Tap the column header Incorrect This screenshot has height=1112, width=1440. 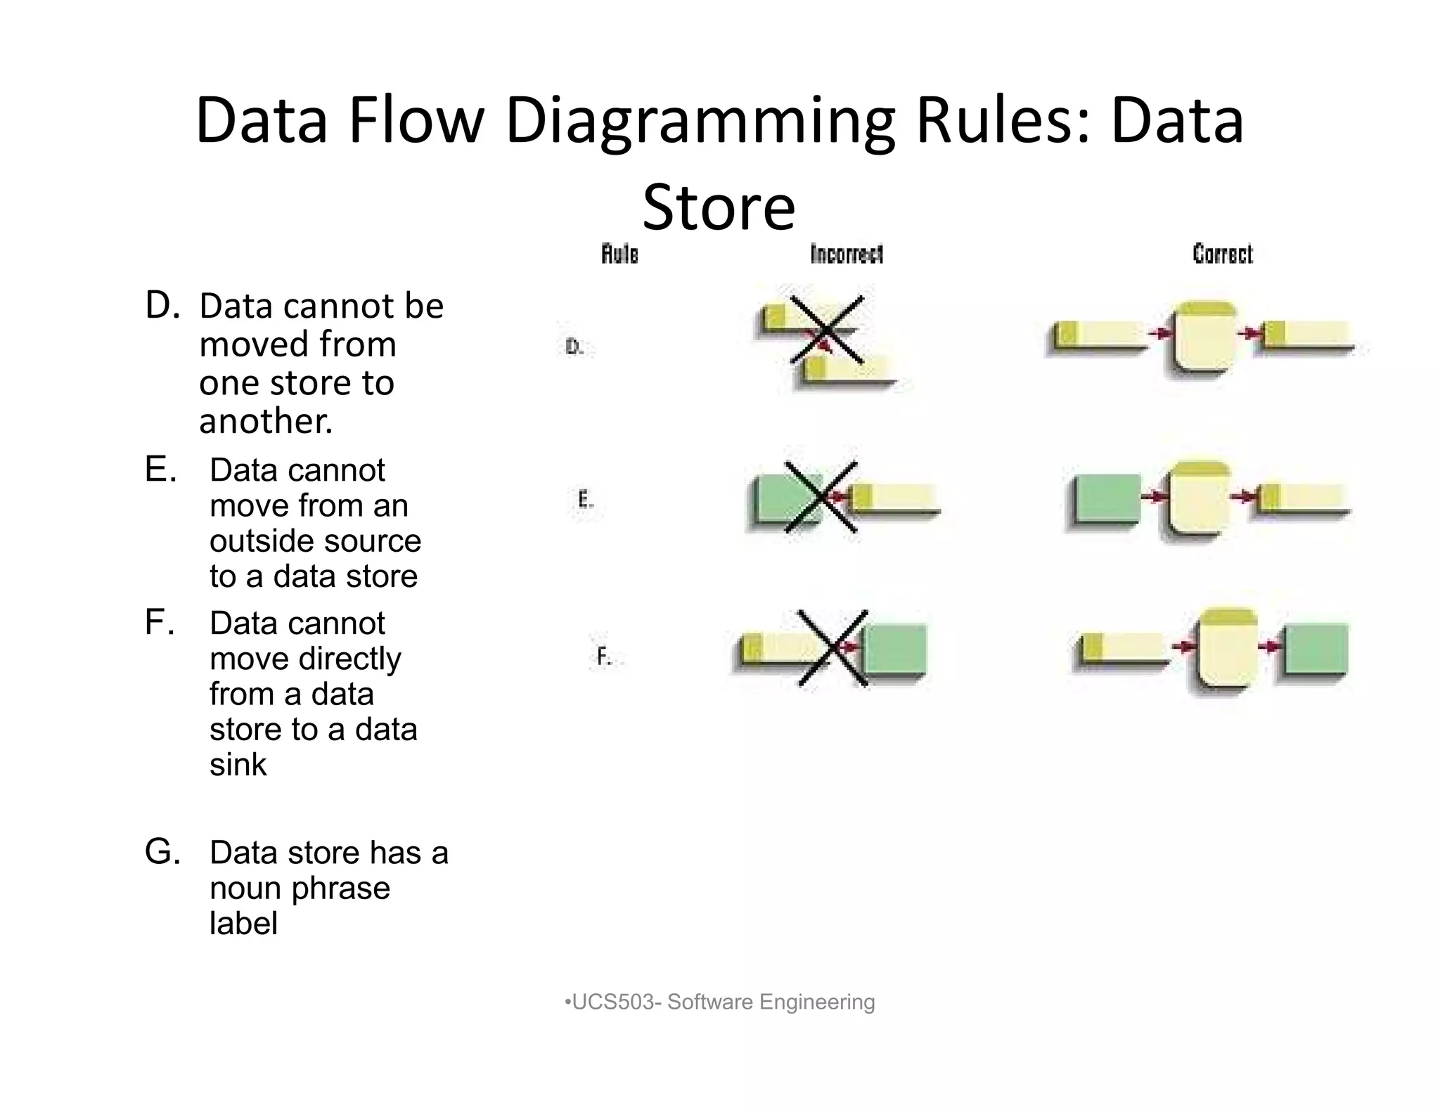click(x=847, y=254)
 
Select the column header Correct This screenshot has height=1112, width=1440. click(x=1222, y=254)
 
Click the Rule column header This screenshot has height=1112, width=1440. click(x=619, y=254)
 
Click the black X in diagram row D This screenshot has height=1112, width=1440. click(x=826, y=330)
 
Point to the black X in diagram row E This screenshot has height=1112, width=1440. click(x=821, y=497)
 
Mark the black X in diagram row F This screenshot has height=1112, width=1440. click(x=833, y=648)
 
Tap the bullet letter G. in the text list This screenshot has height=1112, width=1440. click(x=162, y=852)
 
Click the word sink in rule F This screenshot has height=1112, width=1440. click(x=238, y=765)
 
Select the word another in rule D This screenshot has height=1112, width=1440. click(x=266, y=421)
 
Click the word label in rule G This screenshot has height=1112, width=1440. click(x=243, y=924)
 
